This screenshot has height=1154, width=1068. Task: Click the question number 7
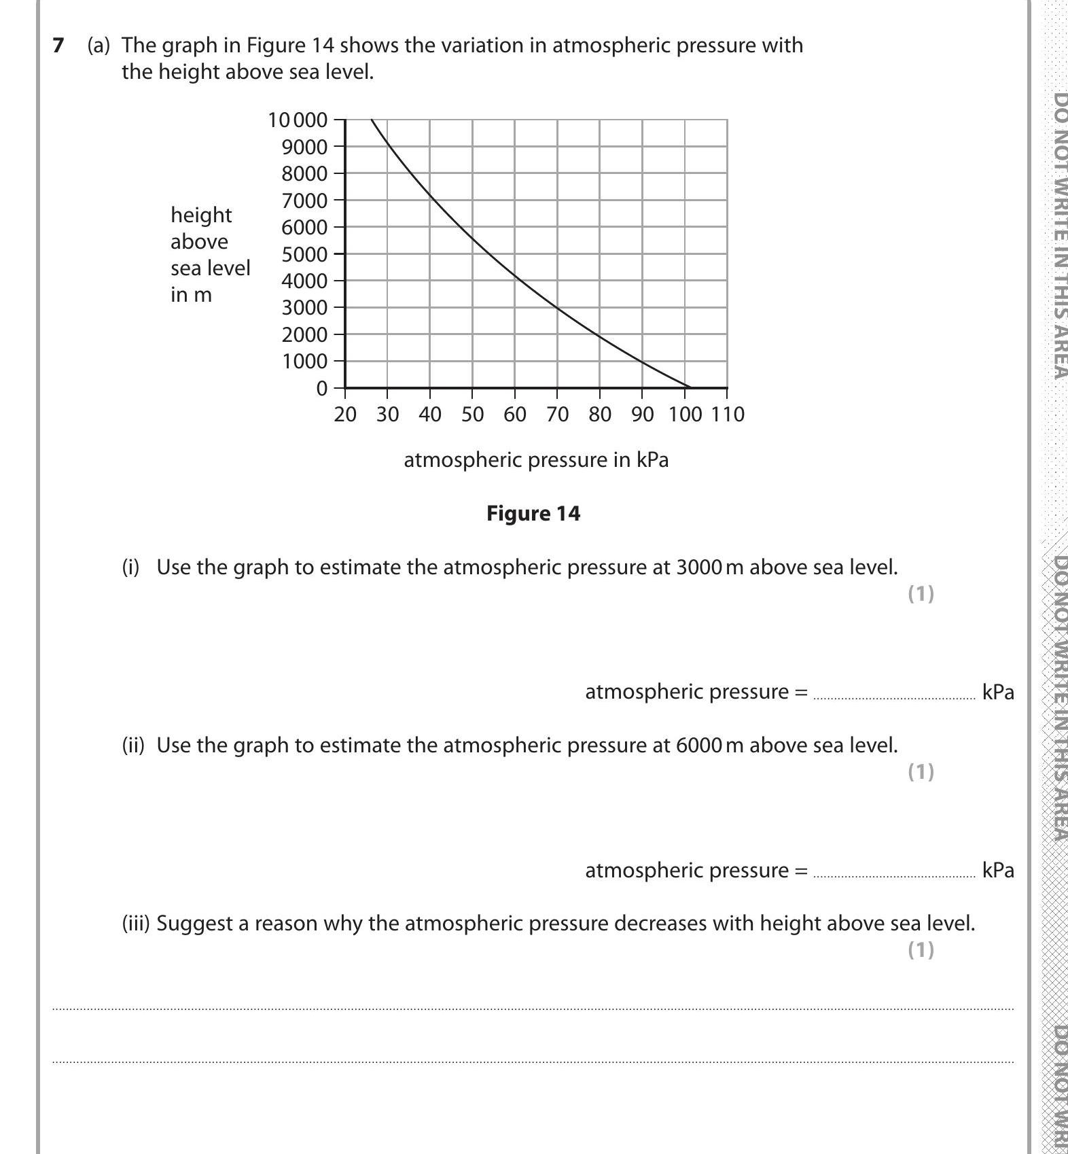pyautogui.click(x=58, y=46)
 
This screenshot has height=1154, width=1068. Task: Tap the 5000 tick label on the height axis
pyautogui.click(x=304, y=254)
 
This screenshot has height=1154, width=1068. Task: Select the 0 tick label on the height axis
pyautogui.click(x=321, y=389)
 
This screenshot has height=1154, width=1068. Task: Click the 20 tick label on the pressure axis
pyautogui.click(x=345, y=415)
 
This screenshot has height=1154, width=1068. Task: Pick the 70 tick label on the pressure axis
pyautogui.click(x=557, y=415)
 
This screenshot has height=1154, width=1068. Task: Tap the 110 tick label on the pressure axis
pyautogui.click(x=728, y=415)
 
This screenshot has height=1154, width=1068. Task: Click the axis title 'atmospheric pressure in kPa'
pyautogui.click(x=536, y=460)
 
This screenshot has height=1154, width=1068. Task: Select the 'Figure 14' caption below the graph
pyautogui.click(x=533, y=513)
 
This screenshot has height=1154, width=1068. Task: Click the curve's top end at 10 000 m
pyautogui.click(x=372, y=120)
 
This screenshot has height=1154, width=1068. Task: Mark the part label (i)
pyautogui.click(x=130, y=567)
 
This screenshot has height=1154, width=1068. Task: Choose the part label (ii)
pyautogui.click(x=133, y=746)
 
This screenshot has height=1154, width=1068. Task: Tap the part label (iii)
pyautogui.click(x=136, y=924)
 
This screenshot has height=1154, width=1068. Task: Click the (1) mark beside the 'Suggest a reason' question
pyautogui.click(x=921, y=950)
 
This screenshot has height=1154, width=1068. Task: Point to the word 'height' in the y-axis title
pyautogui.click(x=201, y=215)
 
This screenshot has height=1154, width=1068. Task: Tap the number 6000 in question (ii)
pyautogui.click(x=698, y=746)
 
